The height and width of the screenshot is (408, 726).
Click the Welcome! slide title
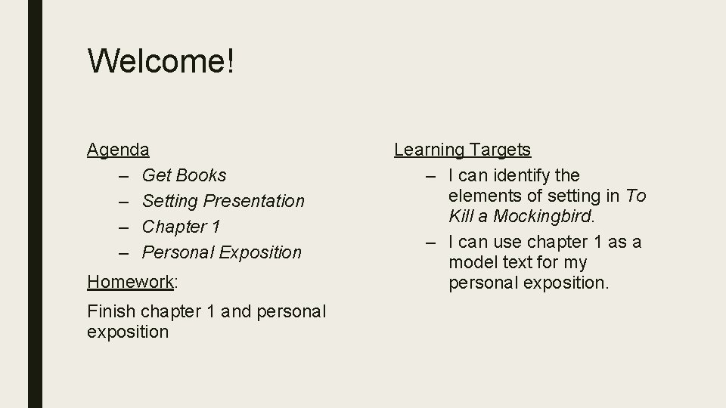161,61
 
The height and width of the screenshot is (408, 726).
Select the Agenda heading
118,150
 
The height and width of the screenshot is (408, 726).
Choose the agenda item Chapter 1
181,227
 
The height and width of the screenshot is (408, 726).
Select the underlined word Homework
130,282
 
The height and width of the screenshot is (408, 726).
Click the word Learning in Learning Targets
428,150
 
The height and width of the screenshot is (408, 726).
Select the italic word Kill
461,216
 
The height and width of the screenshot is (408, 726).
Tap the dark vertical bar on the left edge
36,204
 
